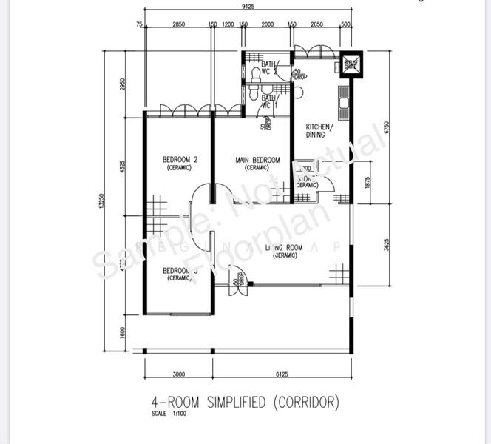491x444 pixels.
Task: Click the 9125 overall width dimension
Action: tap(248, 7)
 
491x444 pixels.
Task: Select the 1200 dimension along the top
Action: tap(228, 24)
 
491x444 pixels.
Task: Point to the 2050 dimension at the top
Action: tap(316, 24)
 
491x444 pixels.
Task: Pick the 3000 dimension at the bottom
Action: tap(177, 374)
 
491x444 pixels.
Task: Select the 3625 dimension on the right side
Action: tap(387, 243)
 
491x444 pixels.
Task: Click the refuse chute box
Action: tap(350, 64)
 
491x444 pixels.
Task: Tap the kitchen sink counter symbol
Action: tap(344, 103)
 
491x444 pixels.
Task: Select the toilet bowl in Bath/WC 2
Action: tap(255, 73)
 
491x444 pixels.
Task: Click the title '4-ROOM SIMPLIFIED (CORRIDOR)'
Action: tap(245, 402)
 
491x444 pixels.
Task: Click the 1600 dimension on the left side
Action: tap(123, 332)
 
